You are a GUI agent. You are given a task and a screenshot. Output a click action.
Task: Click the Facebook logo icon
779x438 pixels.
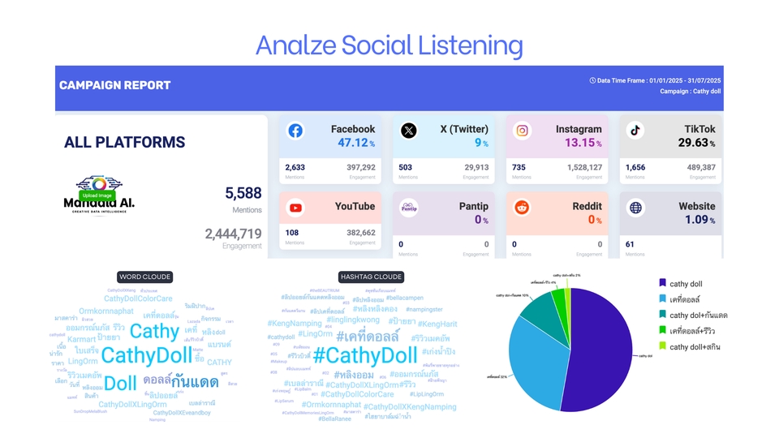click(x=295, y=131)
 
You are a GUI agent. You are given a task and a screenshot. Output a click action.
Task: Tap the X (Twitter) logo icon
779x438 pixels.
click(x=409, y=131)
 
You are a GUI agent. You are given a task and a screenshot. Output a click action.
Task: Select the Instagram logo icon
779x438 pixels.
click(x=523, y=131)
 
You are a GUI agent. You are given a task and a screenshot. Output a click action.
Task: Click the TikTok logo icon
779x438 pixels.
click(x=635, y=131)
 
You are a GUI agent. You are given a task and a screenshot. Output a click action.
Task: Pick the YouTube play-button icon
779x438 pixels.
click(x=295, y=208)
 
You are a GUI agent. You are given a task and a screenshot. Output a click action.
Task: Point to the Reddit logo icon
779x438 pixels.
click(x=523, y=208)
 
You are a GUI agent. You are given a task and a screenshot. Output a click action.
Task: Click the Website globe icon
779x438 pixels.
click(x=635, y=208)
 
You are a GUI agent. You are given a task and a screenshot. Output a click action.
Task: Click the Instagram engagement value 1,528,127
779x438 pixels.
click(x=579, y=167)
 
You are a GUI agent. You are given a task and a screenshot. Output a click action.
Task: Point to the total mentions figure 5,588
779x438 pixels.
click(x=243, y=193)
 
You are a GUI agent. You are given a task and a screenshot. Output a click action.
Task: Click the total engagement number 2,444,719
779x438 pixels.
click(x=233, y=234)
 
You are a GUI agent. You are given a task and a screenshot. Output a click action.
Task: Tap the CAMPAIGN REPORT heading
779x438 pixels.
click(x=114, y=85)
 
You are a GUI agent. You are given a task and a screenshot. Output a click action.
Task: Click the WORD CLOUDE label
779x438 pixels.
click(x=144, y=277)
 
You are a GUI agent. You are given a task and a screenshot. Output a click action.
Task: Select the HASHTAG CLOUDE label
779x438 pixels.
click(x=370, y=277)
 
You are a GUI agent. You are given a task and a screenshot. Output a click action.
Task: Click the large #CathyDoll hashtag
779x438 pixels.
click(x=365, y=355)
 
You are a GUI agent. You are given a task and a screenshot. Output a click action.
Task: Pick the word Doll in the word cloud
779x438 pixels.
click(x=121, y=383)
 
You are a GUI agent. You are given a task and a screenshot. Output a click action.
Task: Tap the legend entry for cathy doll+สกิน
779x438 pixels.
click(x=695, y=346)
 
